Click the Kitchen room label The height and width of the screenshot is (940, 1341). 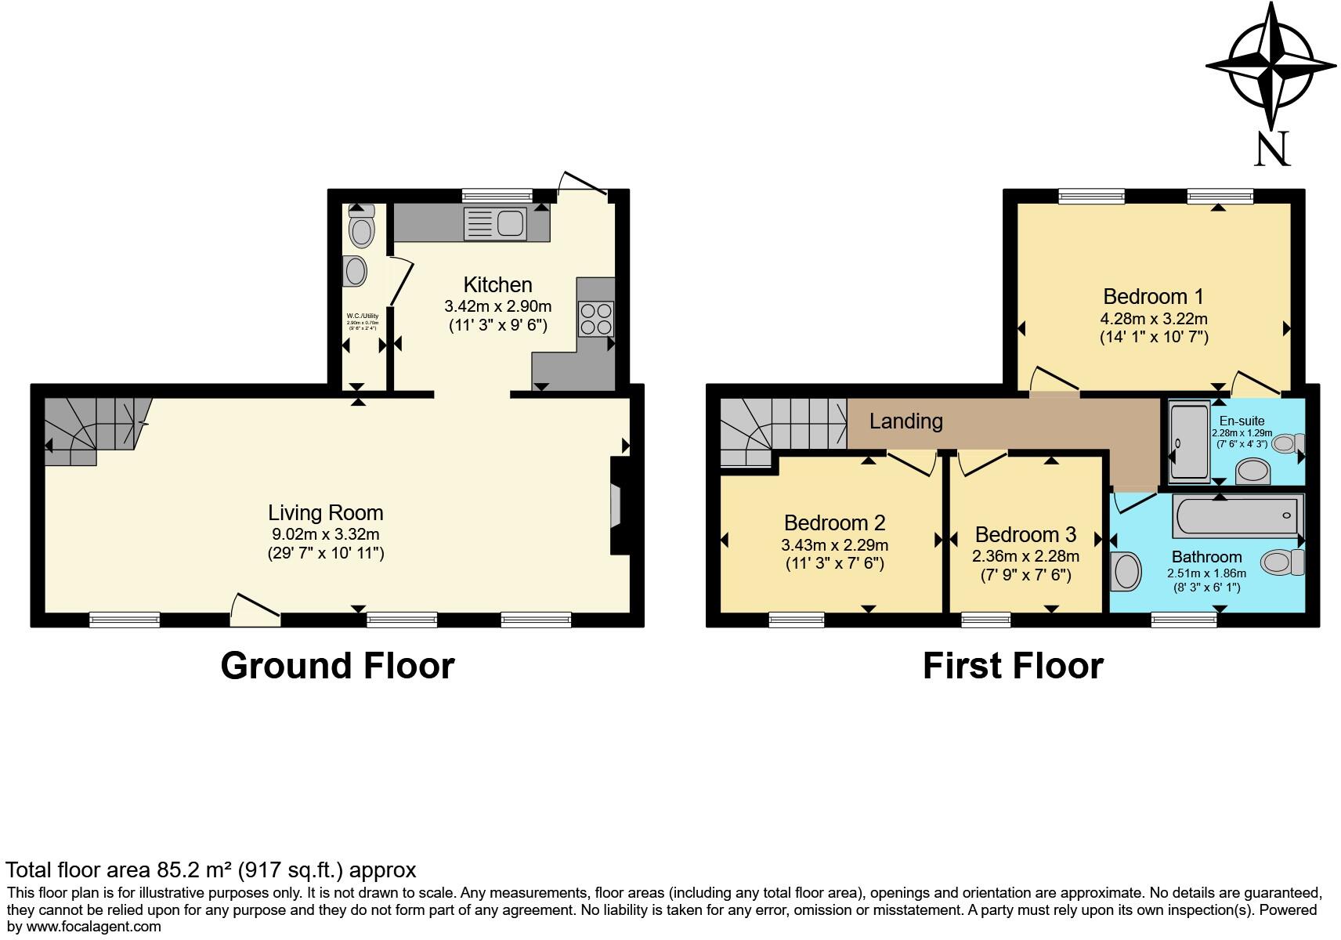(x=497, y=285)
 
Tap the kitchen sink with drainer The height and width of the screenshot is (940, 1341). (x=495, y=223)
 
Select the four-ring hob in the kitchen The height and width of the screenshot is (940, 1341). (x=596, y=319)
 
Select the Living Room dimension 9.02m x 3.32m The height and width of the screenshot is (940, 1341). (x=325, y=534)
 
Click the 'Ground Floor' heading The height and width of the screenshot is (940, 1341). (x=337, y=666)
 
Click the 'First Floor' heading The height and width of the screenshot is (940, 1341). (x=1012, y=666)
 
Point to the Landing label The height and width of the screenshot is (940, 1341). (x=905, y=421)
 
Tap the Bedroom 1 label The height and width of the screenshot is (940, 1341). (x=1153, y=297)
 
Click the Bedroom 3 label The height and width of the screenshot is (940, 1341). (x=1025, y=535)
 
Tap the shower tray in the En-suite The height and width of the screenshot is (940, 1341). (x=1189, y=441)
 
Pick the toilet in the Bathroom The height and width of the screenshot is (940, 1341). (x=1282, y=562)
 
